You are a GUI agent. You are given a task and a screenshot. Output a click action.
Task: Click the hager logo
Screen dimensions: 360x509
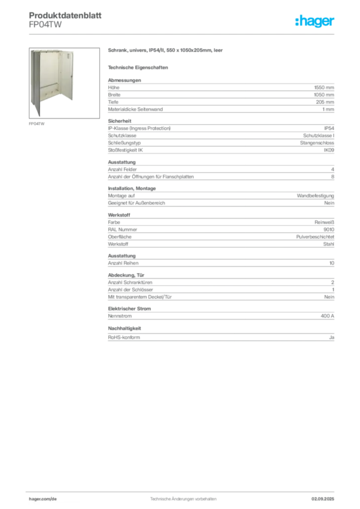[315, 21]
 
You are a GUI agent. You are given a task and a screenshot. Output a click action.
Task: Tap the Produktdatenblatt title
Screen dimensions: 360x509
[65, 15]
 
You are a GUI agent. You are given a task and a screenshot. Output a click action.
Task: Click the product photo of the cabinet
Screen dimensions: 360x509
[64, 83]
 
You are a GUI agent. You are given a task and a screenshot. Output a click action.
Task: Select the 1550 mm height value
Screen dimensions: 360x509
[324, 87]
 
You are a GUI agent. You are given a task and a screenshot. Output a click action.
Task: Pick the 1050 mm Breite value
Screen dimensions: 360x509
[324, 95]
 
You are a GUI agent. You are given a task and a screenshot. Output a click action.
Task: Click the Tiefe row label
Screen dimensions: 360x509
[113, 102]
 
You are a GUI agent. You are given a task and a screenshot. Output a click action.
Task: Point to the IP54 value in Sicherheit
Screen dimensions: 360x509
[329, 128]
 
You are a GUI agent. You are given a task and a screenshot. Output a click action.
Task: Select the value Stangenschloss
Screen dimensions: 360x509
[317, 143]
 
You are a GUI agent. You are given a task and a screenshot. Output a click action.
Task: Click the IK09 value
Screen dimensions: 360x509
[329, 150]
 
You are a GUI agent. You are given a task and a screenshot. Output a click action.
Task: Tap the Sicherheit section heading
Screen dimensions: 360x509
[119, 121]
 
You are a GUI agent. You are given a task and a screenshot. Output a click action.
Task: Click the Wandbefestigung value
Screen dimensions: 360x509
[315, 196]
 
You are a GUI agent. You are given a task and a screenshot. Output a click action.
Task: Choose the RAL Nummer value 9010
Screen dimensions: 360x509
[329, 230]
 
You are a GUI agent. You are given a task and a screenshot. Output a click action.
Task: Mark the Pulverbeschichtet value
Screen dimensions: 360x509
[315, 237]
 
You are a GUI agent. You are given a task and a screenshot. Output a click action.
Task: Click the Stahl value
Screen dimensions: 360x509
[329, 244]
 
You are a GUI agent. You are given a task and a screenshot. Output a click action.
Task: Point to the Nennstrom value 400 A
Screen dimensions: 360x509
[327, 316]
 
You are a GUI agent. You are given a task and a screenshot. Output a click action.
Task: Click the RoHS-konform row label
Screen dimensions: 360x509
[124, 338]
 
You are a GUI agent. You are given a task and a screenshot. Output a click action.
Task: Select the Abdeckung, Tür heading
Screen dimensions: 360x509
[126, 275]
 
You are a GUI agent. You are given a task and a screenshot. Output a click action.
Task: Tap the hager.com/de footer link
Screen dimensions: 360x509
[43, 499]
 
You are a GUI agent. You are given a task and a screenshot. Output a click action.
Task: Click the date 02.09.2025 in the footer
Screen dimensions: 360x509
[323, 499]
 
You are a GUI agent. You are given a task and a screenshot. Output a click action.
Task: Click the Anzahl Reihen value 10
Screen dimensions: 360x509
[332, 263]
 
